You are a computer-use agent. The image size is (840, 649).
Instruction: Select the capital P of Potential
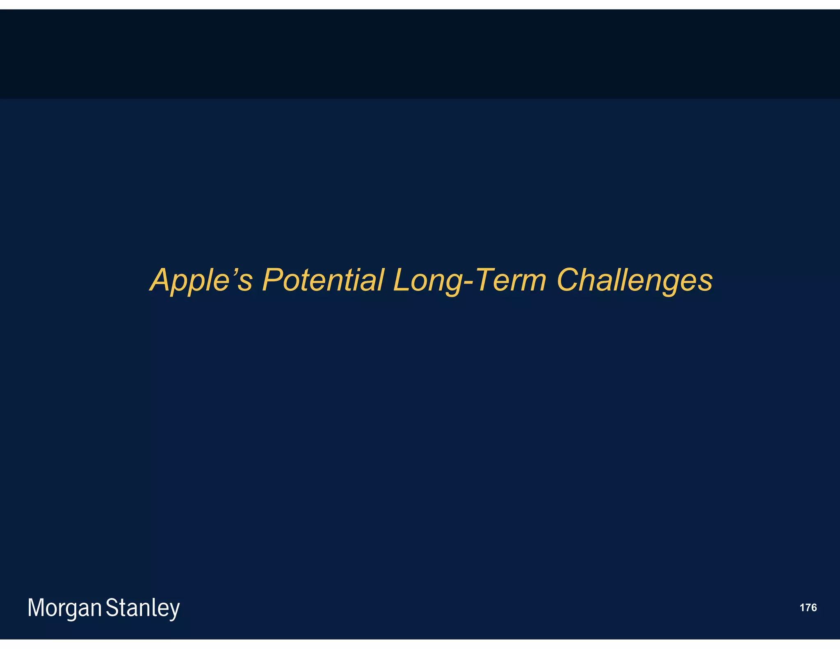click(x=272, y=280)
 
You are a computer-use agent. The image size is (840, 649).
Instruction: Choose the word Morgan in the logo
click(x=64, y=608)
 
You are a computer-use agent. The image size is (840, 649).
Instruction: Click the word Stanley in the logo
click(x=143, y=608)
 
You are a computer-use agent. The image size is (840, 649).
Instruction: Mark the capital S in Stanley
click(x=112, y=608)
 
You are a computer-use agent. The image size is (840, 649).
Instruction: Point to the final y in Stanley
click(x=175, y=610)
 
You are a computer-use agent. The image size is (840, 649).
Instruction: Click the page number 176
click(x=808, y=608)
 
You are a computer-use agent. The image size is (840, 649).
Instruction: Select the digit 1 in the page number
click(x=802, y=608)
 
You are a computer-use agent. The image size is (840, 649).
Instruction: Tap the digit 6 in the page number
click(x=813, y=608)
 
